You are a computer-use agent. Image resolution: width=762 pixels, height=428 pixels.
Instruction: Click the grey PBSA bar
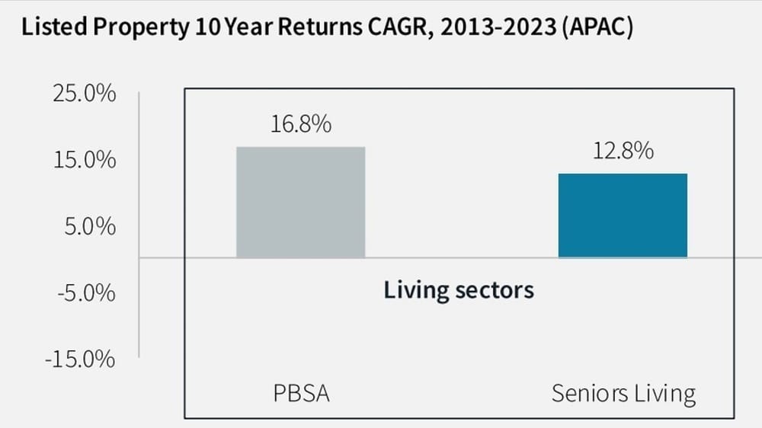[300, 202]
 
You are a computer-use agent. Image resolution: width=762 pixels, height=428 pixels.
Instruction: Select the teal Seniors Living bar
[623, 216]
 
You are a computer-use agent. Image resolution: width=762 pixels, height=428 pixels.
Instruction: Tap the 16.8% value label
[300, 123]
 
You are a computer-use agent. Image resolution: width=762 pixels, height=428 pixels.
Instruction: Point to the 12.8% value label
[623, 150]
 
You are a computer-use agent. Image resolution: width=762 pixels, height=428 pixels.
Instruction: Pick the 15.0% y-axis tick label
[85, 161]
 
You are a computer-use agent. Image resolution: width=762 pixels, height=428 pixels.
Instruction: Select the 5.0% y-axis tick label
[90, 227]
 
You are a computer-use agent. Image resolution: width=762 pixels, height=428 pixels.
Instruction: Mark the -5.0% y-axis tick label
[87, 293]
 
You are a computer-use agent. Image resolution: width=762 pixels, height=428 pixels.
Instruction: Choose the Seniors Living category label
[623, 394]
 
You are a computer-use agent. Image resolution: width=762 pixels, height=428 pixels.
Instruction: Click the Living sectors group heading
[458, 290]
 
